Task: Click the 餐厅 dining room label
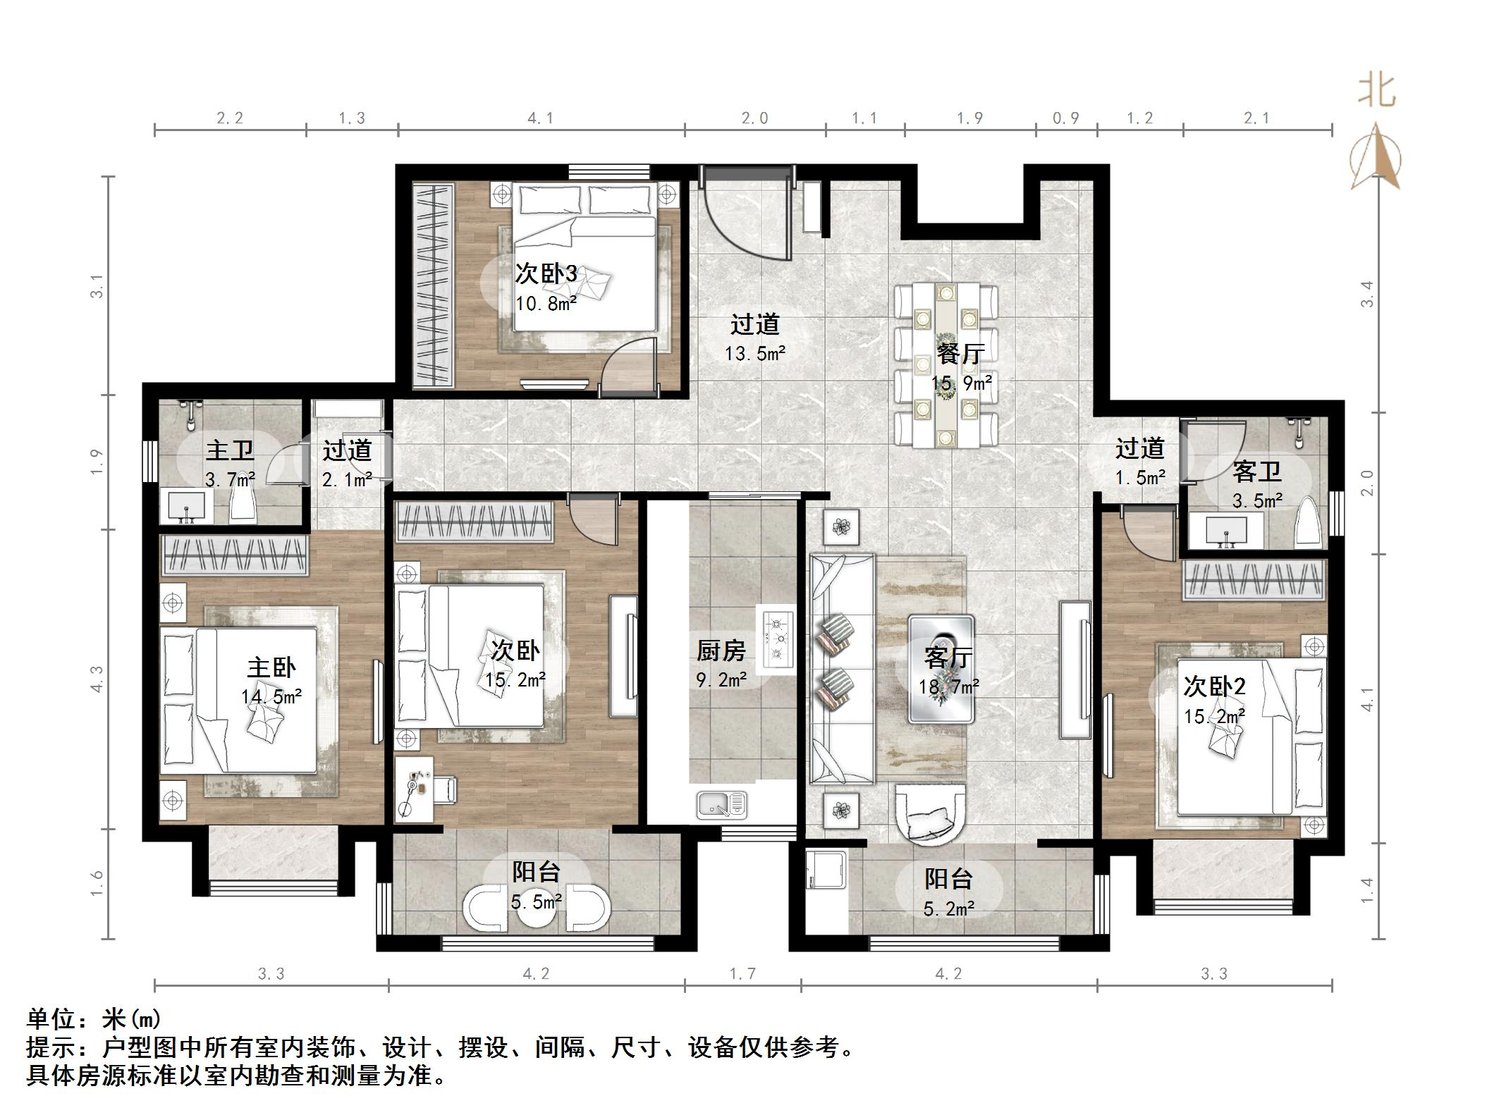tap(960, 353)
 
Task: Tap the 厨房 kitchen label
tap(721, 650)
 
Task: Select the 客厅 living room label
tap(948, 657)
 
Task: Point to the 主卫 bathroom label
tap(230, 450)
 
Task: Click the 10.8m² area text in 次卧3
tap(546, 304)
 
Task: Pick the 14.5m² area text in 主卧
tap(271, 697)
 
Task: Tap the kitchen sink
tap(721, 804)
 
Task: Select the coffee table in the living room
tap(941, 669)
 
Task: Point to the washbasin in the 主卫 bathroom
tap(187, 506)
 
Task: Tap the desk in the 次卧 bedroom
tap(415, 789)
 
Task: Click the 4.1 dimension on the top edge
tap(541, 118)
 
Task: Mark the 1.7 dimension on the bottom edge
tap(742, 974)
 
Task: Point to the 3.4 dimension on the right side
tap(1367, 294)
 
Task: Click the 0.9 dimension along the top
tap(1066, 118)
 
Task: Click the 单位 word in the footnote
tap(50, 1019)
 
